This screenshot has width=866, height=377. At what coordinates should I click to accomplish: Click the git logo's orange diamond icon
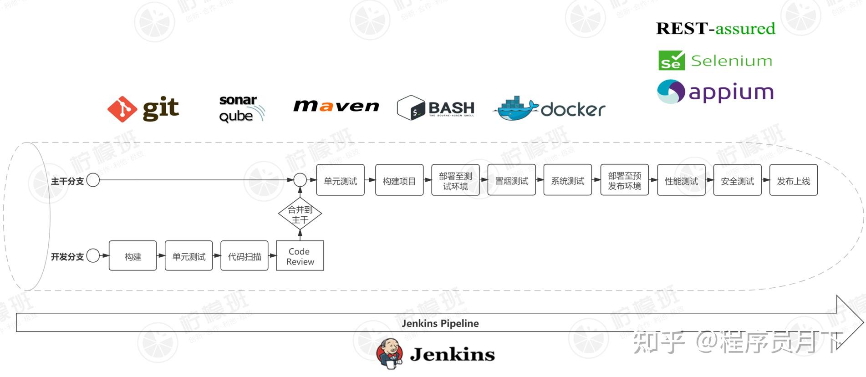tap(122, 109)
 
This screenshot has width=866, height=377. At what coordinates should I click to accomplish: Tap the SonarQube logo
tap(240, 108)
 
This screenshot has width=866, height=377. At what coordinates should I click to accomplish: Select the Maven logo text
tap(336, 106)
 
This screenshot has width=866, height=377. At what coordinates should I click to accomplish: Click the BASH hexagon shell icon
tap(411, 108)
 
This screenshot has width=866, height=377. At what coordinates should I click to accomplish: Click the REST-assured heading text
tap(715, 29)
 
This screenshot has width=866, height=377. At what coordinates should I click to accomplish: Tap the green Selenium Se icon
tap(671, 61)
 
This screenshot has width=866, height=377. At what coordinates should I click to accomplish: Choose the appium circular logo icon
tap(671, 92)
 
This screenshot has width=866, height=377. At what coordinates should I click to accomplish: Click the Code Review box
tap(300, 256)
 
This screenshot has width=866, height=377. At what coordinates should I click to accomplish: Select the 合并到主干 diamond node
tap(300, 214)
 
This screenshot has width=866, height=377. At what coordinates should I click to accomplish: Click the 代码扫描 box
tap(245, 256)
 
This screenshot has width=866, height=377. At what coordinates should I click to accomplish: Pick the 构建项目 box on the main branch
tap(399, 180)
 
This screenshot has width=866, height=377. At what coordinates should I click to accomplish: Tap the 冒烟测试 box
tap(511, 180)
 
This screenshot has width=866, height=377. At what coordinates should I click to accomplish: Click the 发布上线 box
tap(793, 180)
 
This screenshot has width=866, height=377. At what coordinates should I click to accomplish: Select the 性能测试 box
tap(681, 180)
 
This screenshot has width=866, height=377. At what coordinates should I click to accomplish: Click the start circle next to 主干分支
tap(93, 180)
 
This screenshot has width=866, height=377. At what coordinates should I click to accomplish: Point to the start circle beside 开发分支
tap(93, 256)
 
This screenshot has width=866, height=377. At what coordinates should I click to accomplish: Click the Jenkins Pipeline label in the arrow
tap(440, 323)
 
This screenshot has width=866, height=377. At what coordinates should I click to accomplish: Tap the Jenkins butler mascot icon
tap(390, 353)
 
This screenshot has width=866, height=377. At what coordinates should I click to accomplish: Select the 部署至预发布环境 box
tap(624, 180)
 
